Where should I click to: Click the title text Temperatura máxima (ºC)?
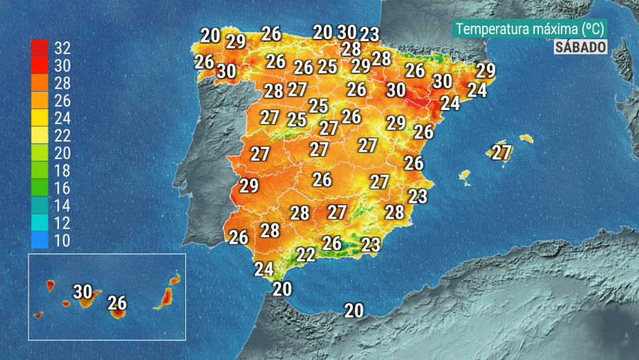(x=530, y=29)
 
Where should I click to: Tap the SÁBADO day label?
(x=580, y=47)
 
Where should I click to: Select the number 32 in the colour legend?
(x=62, y=48)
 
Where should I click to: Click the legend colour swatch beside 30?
(x=40, y=65)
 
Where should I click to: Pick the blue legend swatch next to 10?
(x=40, y=240)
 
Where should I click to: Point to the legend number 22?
(x=62, y=136)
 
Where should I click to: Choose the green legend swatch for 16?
(x=40, y=187)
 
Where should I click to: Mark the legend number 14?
(x=62, y=205)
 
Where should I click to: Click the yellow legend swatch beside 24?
(x=40, y=118)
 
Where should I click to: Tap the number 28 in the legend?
(x=62, y=83)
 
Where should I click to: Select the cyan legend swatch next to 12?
(x=40, y=222)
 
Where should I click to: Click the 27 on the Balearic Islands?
(x=502, y=152)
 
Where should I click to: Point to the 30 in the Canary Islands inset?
(x=83, y=291)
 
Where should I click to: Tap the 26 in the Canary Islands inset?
(x=117, y=304)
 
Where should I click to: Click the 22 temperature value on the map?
(x=306, y=254)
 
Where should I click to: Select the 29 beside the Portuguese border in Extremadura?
(x=248, y=186)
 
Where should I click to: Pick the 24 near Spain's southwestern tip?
(x=263, y=269)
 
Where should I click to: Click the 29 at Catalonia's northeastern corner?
(x=486, y=70)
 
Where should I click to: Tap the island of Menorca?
(x=526, y=138)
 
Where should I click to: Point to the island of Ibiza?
(x=465, y=175)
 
